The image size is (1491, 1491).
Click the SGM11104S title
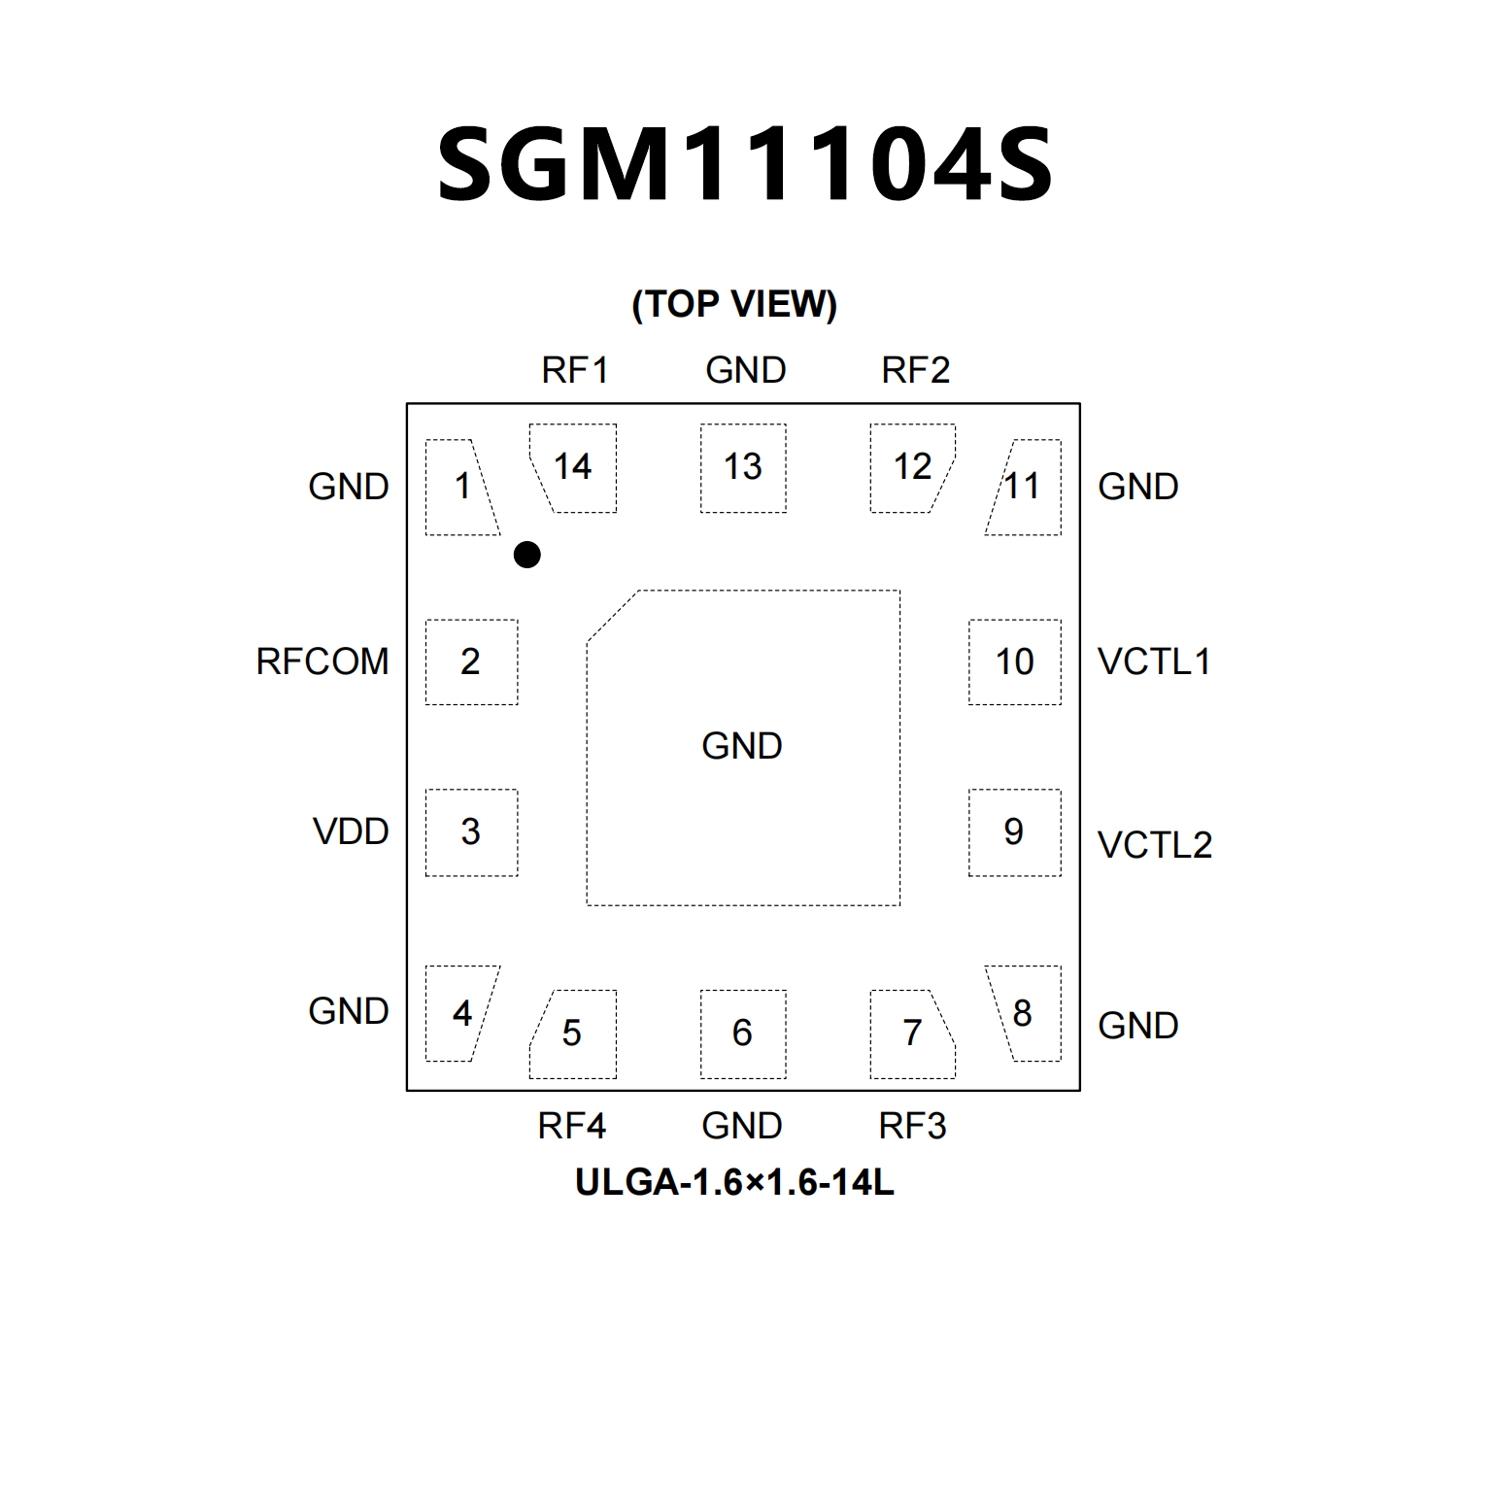click(745, 164)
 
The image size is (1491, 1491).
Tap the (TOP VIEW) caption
click(734, 304)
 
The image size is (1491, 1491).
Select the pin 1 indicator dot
click(526, 555)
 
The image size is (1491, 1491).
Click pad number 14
click(573, 467)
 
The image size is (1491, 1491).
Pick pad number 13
click(743, 467)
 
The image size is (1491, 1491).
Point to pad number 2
click(471, 661)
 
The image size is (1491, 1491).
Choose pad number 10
click(1015, 661)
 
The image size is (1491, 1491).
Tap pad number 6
click(743, 1033)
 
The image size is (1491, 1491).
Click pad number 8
click(1023, 1013)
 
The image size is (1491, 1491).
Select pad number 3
click(471, 831)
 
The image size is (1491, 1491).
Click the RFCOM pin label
click(322, 661)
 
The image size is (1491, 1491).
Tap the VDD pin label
click(351, 831)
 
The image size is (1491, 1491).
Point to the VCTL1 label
click(1154, 661)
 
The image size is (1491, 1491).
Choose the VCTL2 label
click(1155, 845)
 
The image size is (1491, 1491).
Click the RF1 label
click(575, 370)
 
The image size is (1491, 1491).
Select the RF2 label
click(915, 370)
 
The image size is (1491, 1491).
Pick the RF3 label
click(912, 1126)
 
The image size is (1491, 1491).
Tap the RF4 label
click(572, 1126)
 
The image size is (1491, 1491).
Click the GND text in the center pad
click(742, 746)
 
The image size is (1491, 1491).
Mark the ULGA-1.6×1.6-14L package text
click(734, 1182)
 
